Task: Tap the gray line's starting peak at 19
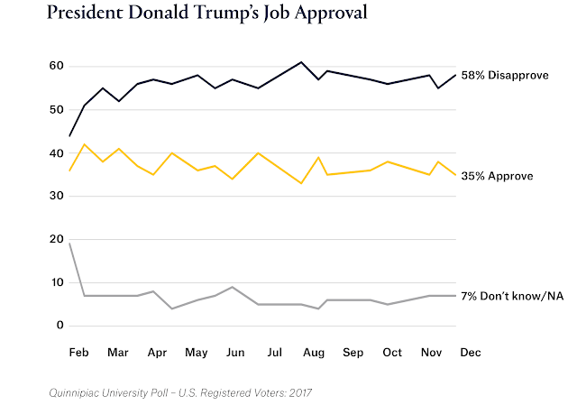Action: [x=69, y=244]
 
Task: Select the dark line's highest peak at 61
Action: [x=301, y=62]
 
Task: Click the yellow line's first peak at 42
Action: [x=84, y=144]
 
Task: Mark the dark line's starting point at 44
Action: [x=69, y=135]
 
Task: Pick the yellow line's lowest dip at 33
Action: [x=301, y=183]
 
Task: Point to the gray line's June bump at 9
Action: [x=234, y=287]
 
